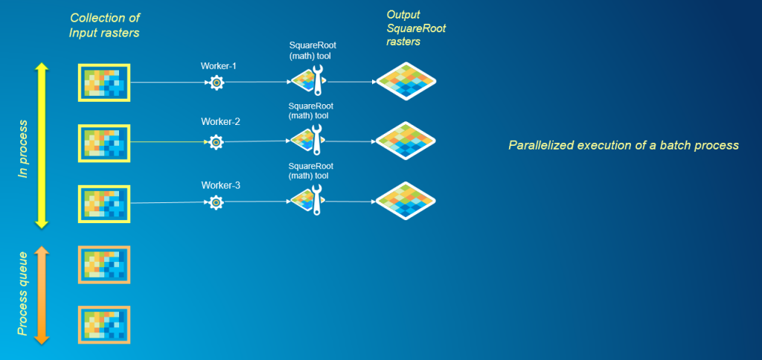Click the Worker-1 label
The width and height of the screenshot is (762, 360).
pos(219,66)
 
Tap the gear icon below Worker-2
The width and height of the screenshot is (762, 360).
pos(215,141)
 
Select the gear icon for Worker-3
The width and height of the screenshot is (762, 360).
pos(215,202)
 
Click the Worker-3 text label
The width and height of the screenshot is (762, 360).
pos(219,184)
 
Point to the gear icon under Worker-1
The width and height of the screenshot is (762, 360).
pos(216,83)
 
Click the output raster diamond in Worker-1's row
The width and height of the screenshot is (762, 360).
pos(405,80)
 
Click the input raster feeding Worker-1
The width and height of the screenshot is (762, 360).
pos(104,83)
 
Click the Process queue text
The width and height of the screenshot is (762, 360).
pos(24,295)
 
